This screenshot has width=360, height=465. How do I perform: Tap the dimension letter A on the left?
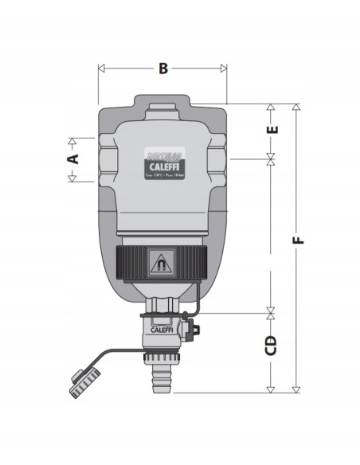pos(72,158)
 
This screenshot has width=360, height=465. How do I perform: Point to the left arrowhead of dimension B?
pos(100,68)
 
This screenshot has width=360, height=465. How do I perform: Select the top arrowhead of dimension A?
pos(72,141)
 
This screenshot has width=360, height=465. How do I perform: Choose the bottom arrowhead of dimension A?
pos(72,178)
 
